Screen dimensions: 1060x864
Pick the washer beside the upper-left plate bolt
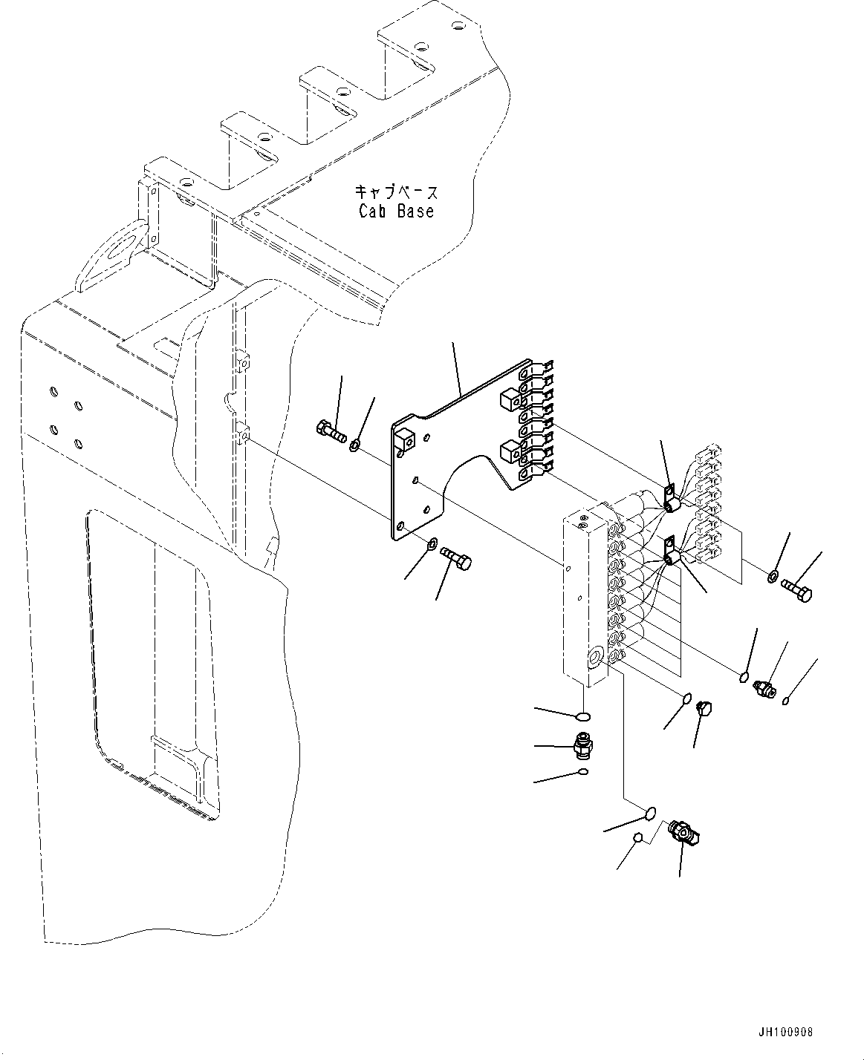[356, 445]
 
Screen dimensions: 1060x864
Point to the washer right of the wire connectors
[773, 576]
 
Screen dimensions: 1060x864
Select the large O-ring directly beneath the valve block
[584, 716]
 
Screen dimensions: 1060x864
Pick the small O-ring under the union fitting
[584, 773]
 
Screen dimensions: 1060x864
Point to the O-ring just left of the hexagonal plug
[687, 698]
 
